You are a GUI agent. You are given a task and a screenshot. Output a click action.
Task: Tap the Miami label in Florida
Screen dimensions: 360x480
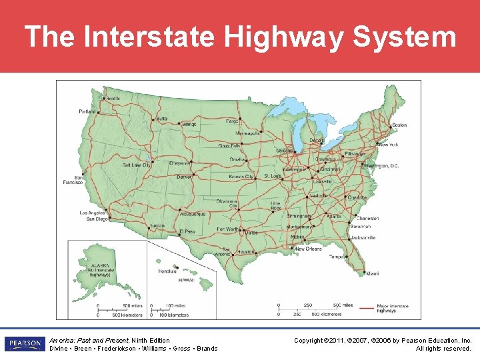[x=371, y=273]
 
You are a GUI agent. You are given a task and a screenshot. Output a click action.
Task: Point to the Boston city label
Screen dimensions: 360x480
[x=399, y=125]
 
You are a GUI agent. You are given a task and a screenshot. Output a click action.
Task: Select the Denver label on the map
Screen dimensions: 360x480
[x=184, y=177]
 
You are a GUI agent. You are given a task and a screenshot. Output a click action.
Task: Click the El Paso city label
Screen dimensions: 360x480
[x=187, y=231]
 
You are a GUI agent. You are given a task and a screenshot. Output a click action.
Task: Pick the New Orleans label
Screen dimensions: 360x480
[x=308, y=249]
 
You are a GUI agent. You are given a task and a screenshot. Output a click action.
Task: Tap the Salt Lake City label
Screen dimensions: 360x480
[x=137, y=165]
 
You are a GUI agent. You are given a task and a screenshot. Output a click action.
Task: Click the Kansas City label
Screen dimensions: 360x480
[x=241, y=177]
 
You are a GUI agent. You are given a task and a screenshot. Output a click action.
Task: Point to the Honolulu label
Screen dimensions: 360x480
[x=167, y=271]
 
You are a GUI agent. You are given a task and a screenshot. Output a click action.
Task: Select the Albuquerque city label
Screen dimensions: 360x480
[x=193, y=214]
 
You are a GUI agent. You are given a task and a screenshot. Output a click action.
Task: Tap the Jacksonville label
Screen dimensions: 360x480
[x=363, y=237]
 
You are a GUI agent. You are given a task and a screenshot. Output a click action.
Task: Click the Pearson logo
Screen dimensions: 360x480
[x=24, y=344]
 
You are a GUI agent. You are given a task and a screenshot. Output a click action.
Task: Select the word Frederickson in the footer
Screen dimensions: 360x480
[x=116, y=349]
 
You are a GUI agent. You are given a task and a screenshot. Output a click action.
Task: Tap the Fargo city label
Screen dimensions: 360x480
[x=232, y=121]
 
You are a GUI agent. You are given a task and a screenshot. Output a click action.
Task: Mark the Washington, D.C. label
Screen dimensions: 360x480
[x=382, y=165]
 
